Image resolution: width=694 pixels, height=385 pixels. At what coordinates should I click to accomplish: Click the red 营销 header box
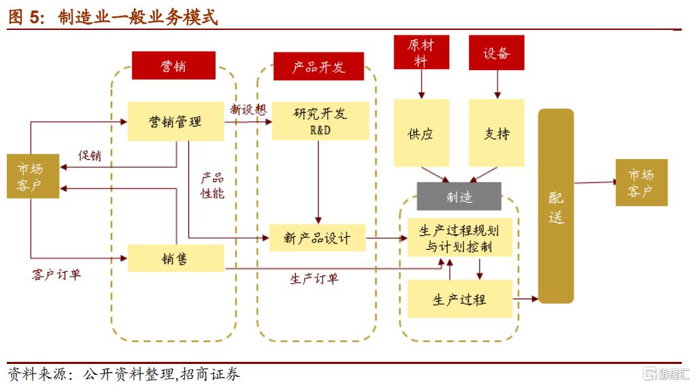pos(173,65)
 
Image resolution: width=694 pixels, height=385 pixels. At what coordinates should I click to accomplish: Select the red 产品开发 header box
pos(318,66)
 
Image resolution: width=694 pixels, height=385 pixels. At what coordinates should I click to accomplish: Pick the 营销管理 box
pos(175,121)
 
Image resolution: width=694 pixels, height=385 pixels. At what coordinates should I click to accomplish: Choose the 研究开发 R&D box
pos(320,120)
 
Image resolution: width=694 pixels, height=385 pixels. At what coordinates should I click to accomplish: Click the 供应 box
pos(421,133)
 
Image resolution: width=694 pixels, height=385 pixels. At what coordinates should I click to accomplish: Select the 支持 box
pos(496,133)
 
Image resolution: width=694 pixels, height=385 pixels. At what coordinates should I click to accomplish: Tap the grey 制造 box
pos(459,197)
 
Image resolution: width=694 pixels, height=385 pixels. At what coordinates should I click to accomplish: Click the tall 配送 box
pos(556,206)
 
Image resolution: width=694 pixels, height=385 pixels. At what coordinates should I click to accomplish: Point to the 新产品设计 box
pos(317,238)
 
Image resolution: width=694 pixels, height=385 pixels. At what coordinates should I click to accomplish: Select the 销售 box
pos(175,258)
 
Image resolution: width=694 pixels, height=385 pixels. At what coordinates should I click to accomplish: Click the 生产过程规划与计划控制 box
pos(459,237)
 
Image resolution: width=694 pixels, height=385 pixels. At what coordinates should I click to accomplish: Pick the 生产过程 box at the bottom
pos(459,299)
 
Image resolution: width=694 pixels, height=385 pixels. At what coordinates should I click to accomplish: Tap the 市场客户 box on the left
pos(29,176)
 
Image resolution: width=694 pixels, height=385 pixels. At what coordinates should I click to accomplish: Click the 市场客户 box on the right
pos(641,182)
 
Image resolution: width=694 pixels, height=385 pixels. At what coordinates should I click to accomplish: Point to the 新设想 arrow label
pos(248,109)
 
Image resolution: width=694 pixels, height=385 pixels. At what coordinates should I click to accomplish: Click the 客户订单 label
pos(56,275)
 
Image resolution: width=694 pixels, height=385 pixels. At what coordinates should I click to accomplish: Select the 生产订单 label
pos(314,278)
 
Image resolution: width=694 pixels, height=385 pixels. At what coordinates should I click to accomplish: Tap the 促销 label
pos(90,156)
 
